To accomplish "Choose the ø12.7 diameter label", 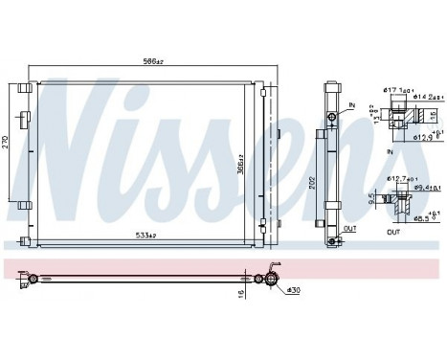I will click(x=399, y=178).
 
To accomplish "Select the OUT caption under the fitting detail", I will click(x=394, y=232).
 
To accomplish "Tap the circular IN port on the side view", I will click(x=331, y=118).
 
